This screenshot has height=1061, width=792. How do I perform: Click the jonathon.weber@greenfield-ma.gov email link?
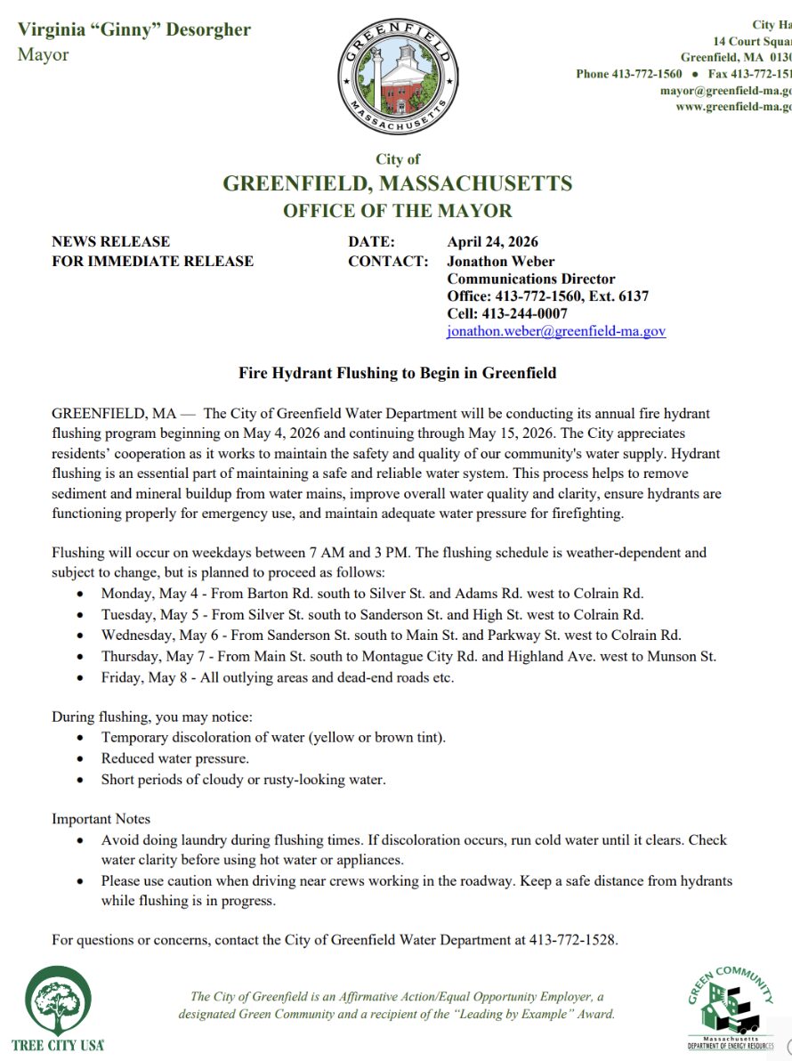[555, 331]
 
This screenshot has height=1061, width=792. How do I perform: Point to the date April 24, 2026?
[492, 242]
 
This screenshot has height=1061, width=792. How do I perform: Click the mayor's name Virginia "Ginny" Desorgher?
[134, 29]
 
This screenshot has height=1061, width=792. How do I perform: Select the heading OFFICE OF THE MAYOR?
[397, 211]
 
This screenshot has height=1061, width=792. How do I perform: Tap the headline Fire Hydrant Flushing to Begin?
[397, 373]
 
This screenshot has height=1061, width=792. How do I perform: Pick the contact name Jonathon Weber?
[500, 261]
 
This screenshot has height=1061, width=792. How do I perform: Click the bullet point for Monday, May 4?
[82, 594]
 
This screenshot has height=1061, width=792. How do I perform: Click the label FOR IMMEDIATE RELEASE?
[152, 261]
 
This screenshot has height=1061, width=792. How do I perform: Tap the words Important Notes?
[101, 819]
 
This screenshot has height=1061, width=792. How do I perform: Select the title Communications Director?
[530, 279]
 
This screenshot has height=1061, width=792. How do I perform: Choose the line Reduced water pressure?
[174, 758]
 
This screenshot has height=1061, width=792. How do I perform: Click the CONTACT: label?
[388, 261]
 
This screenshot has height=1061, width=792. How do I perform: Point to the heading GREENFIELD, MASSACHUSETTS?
[397, 184]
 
